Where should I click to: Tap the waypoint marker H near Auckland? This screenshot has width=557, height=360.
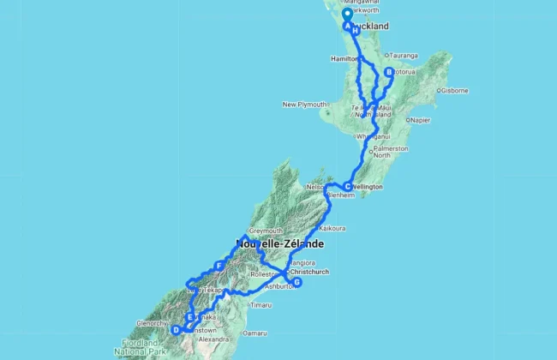coord(355,31)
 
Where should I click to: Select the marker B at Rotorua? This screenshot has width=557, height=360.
coord(388,73)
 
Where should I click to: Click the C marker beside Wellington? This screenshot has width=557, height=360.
coord(347,187)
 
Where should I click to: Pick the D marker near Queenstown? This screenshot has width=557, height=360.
coord(177,329)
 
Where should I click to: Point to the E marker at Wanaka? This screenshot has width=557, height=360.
coord(190,318)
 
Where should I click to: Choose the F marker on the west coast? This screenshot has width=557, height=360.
coord(220,267)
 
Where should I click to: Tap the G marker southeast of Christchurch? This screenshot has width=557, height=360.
coord(297,282)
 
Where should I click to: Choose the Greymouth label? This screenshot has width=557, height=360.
coord(265,231)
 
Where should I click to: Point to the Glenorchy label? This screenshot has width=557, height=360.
coord(152,323)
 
